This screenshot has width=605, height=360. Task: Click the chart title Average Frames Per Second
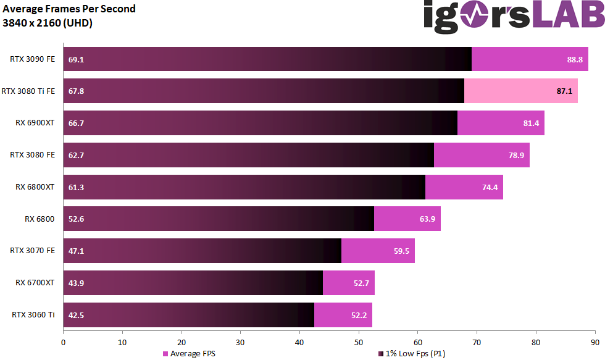(69, 9)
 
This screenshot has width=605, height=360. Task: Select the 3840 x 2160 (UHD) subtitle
(48, 23)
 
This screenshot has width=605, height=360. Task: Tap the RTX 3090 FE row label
(32, 59)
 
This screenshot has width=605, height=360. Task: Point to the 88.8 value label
(575, 59)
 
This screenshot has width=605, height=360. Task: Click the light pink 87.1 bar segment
(520, 91)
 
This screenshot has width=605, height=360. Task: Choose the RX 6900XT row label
(35, 123)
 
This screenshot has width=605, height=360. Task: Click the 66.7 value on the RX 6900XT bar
(77, 123)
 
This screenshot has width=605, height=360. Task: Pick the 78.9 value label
(516, 155)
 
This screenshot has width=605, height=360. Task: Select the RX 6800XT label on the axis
(35, 186)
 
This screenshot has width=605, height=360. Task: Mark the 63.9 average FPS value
(427, 219)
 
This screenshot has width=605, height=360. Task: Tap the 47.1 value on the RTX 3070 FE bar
(77, 251)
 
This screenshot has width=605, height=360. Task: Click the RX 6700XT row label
(35, 283)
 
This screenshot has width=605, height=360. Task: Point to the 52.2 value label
(359, 315)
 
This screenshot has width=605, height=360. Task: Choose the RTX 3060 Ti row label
(33, 315)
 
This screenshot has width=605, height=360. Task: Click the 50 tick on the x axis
(359, 341)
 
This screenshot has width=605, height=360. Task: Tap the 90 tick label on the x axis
(595, 341)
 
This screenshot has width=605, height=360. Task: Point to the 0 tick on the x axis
(63, 341)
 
